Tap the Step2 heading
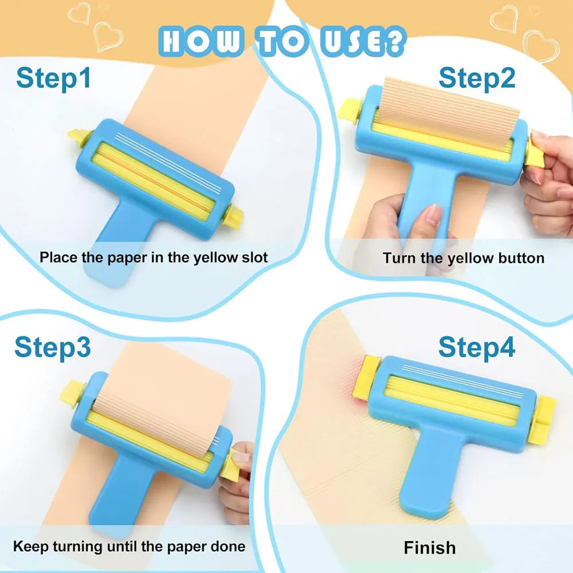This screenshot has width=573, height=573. [477, 78]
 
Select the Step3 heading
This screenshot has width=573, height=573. [52, 347]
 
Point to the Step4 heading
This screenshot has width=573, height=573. [477, 347]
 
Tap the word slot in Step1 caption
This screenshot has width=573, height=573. [252, 257]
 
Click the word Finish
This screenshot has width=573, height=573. [430, 548]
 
